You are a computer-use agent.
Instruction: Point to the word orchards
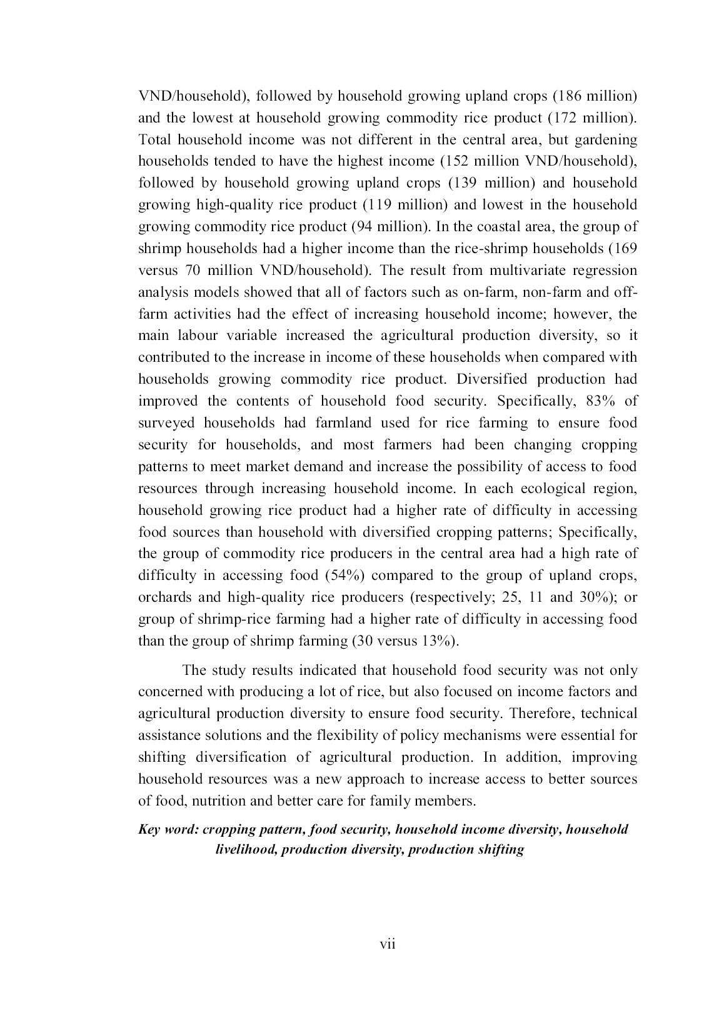coord(164,597)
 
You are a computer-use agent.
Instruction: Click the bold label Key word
coord(168,829)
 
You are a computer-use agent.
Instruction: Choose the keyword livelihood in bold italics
coord(244,849)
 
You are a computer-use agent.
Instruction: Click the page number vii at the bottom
coord(388,944)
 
